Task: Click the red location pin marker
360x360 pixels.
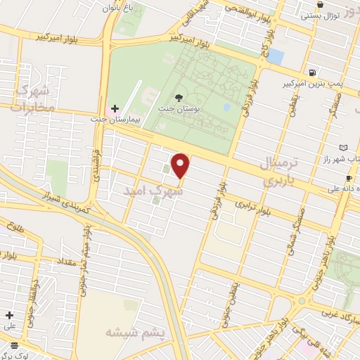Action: pos(181,166)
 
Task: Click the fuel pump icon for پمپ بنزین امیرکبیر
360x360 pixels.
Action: pos(311,72)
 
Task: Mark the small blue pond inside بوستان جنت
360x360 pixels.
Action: pos(226,108)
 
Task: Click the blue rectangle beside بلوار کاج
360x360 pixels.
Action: pos(276,56)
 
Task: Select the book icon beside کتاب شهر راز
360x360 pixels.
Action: pos(343,148)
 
